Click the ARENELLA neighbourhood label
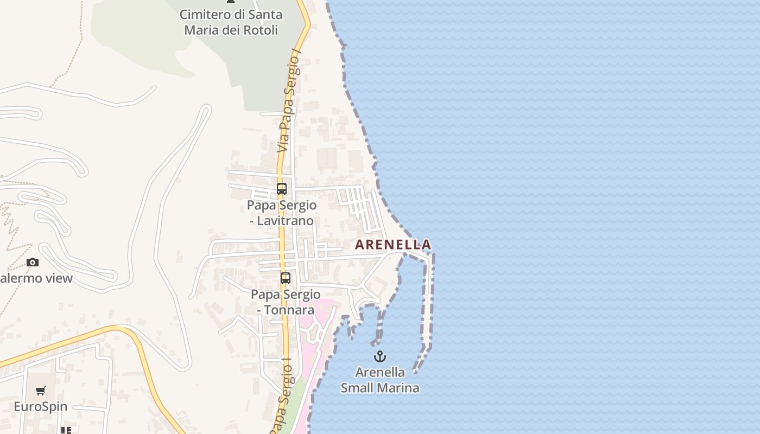(x=393, y=245)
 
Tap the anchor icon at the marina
(x=380, y=356)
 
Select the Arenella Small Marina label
(x=380, y=380)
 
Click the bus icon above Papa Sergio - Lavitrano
(x=281, y=189)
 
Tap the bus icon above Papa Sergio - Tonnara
(x=285, y=278)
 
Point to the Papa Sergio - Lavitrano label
(x=282, y=213)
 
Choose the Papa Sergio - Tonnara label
(x=286, y=302)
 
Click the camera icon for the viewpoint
(x=33, y=263)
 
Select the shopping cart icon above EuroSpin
(x=40, y=391)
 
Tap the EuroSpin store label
(x=40, y=407)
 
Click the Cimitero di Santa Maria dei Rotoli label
(x=231, y=22)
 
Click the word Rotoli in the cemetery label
(x=259, y=30)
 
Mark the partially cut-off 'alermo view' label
(x=36, y=279)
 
